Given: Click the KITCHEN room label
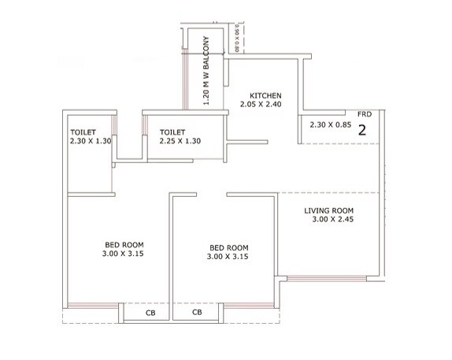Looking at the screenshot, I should click(x=266, y=92).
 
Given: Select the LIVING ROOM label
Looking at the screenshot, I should click(x=330, y=210).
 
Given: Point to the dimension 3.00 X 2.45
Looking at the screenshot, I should click(x=330, y=221).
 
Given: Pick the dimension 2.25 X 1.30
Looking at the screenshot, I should click(x=180, y=143).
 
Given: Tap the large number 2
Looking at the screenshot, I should click(x=363, y=131).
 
